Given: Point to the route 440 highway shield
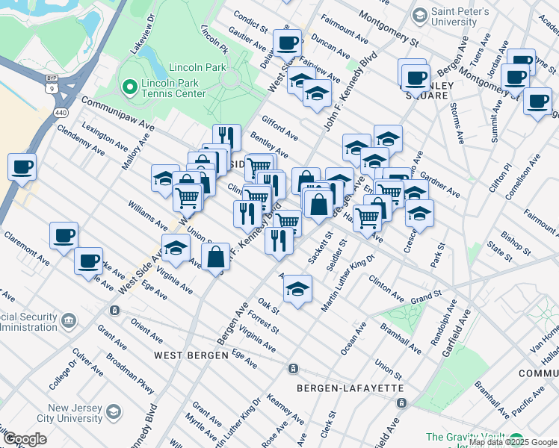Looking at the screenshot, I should point(59,113).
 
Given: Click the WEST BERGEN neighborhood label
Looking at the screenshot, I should point(191,355).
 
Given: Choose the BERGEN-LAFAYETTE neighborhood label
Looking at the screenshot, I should point(350,388).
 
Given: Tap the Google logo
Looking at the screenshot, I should point(25,439).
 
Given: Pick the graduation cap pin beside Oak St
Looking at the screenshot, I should point(297,287).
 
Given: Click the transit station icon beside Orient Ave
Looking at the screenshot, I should point(114,310).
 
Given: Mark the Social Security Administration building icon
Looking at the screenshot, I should point(69,322).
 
